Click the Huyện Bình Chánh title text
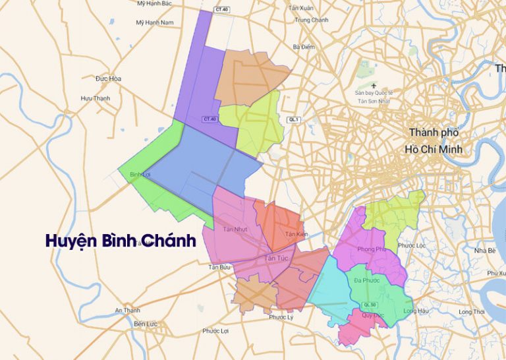(x=121, y=241)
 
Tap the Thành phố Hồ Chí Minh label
(x=435, y=141)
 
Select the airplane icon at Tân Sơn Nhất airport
(x=374, y=85)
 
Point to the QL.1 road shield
(x=294, y=119)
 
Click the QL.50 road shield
(x=370, y=305)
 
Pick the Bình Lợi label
(x=140, y=174)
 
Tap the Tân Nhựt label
(x=235, y=229)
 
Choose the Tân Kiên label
(x=296, y=235)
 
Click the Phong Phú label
(x=372, y=249)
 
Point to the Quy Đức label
(x=373, y=316)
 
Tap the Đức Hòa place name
(x=108, y=78)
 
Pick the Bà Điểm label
(x=304, y=47)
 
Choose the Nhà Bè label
(x=484, y=251)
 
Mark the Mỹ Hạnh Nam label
(x=154, y=22)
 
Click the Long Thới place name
(x=471, y=311)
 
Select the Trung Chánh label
(x=312, y=20)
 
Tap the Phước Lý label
(x=281, y=317)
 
